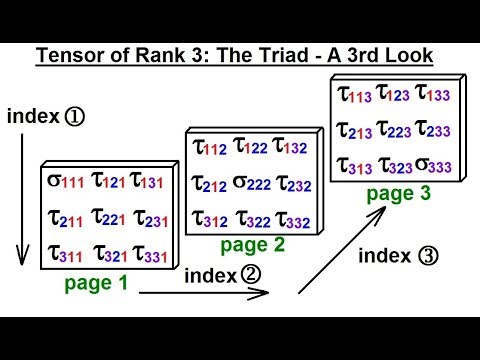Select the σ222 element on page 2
[x=251, y=183]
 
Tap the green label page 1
[x=96, y=282]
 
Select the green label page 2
[x=253, y=245]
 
